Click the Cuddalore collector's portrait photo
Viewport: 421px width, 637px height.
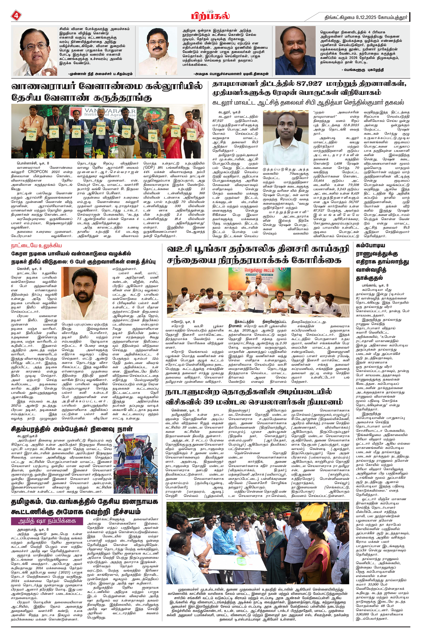point(286,133)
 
